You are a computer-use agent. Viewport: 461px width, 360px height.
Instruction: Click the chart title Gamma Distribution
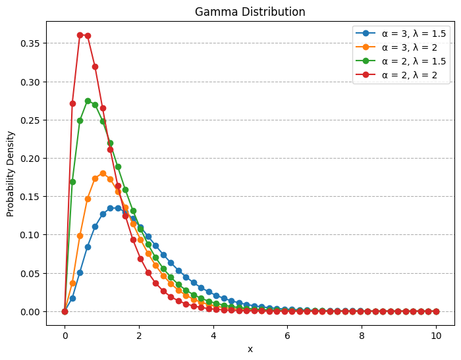point(250,12)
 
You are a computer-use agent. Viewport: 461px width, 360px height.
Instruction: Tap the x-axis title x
point(250,349)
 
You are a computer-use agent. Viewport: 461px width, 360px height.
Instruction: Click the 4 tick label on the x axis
point(213,335)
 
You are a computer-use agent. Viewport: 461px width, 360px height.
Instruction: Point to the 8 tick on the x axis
point(362,335)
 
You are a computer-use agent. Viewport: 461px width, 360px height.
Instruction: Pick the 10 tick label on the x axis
point(436,335)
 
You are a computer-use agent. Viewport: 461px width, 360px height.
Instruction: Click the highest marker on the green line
point(88,101)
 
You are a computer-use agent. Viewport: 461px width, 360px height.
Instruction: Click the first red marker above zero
point(72,103)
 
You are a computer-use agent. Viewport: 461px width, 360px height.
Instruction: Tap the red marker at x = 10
point(436,311)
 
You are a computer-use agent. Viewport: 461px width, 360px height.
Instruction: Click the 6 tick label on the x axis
point(287,335)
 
